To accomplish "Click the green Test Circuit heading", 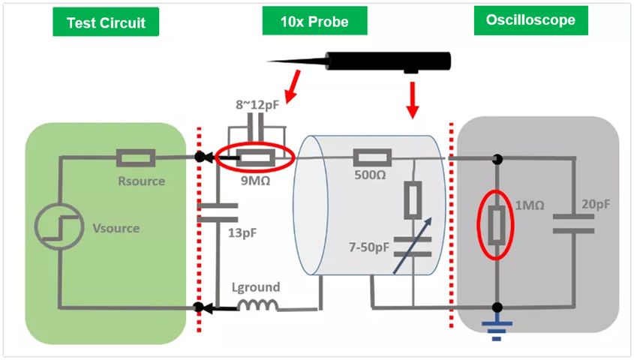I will [x=106, y=22].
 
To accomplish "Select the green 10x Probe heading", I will [x=315, y=22].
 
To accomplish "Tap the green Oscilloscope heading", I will [x=530, y=21].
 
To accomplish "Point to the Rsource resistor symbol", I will [x=136, y=158].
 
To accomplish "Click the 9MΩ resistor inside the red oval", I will [x=254, y=158].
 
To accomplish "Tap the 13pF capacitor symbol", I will [x=217, y=213].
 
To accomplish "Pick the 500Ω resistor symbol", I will [x=371, y=158].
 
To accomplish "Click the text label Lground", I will [x=256, y=287].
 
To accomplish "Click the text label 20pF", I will [x=596, y=203].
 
